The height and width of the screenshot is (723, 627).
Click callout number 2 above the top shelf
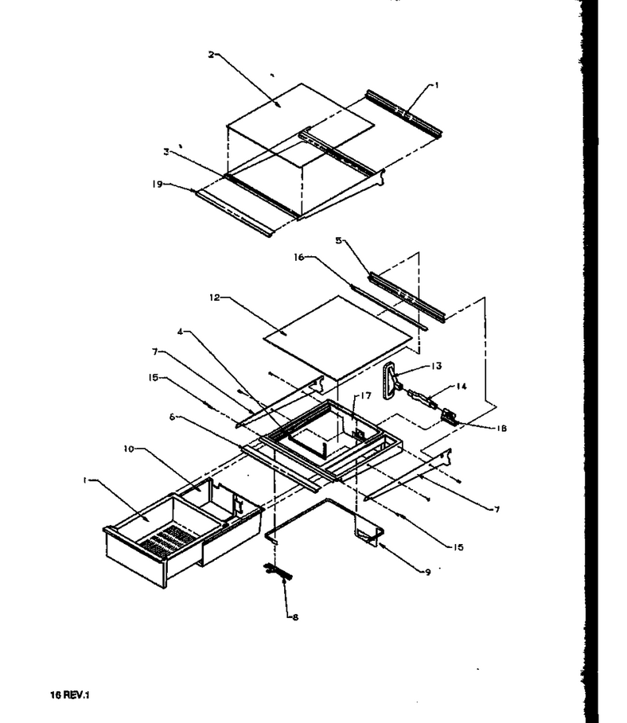pos(212,55)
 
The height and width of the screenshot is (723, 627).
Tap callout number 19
pos(158,184)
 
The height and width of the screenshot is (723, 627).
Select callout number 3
pos(166,152)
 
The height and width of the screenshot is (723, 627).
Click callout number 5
pos(339,241)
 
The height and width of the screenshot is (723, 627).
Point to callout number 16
pos(299,257)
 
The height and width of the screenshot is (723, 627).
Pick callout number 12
pos(215,297)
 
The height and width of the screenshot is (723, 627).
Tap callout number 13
pos(436,366)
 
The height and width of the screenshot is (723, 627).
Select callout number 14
pos(461,386)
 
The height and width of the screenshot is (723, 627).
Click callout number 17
pos(365,395)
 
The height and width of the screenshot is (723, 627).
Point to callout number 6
pos(172,417)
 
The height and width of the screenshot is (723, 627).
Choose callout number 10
pos(128,449)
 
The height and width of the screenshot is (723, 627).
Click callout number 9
pos(428,572)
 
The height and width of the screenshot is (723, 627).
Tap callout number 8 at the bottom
pos(295,617)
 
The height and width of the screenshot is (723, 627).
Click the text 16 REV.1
pos(70,694)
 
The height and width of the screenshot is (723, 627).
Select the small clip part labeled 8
pos(278,571)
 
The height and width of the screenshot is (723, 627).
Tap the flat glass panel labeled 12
pos(337,336)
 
